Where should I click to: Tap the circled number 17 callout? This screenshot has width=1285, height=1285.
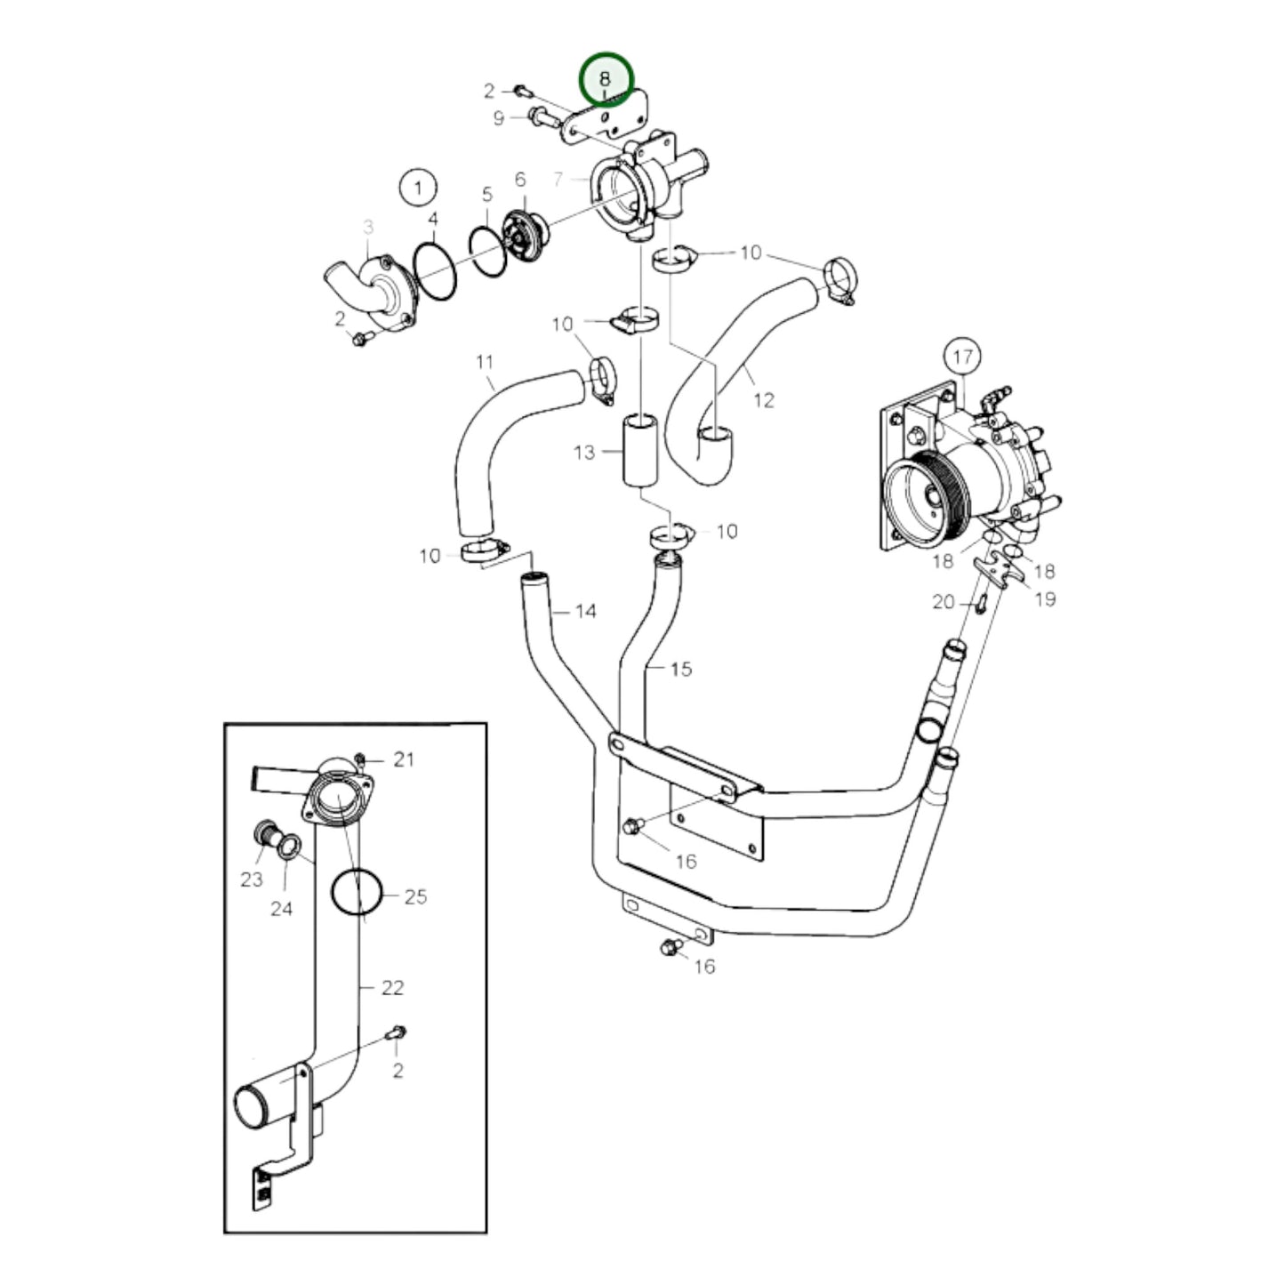click(x=962, y=357)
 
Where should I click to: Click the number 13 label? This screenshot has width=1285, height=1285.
click(x=583, y=453)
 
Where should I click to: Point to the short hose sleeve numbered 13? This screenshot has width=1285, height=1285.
click(x=640, y=449)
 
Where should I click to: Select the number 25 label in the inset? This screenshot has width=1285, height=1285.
click(x=415, y=896)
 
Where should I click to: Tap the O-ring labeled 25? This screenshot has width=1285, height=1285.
click(x=357, y=892)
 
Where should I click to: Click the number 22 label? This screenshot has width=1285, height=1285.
click(x=392, y=987)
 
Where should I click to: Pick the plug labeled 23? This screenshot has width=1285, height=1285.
click(x=264, y=834)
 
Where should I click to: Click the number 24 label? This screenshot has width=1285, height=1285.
click(x=281, y=909)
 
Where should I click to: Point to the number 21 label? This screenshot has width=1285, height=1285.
click(x=404, y=759)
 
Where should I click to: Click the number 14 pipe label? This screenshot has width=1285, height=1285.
click(x=585, y=611)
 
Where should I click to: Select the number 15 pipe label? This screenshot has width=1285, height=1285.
click(x=680, y=669)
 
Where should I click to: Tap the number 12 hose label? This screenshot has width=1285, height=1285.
click(x=763, y=400)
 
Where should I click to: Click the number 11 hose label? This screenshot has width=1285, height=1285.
click(x=484, y=362)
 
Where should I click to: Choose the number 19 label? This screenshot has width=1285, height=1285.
click(x=1046, y=598)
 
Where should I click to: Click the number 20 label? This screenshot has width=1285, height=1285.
click(x=943, y=602)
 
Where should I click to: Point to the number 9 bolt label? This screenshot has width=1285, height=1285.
click(x=498, y=117)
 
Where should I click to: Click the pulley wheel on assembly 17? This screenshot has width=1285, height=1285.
click(x=929, y=494)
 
